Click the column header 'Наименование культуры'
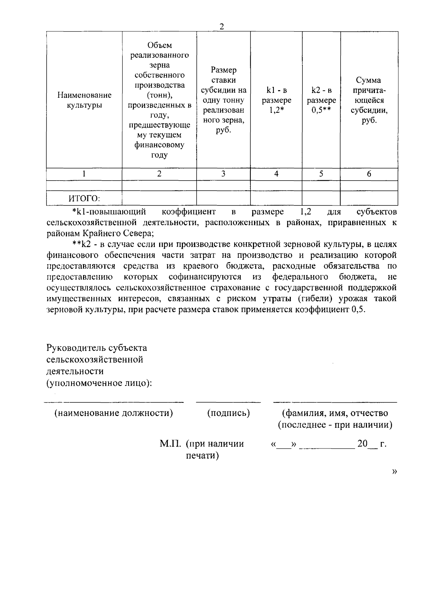[84, 100]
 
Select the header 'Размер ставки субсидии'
[223, 100]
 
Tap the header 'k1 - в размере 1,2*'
[276, 100]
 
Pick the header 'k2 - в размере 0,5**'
[321, 100]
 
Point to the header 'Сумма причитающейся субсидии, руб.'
[369, 100]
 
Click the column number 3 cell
[223, 174]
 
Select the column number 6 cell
[369, 174]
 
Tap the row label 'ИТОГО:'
[84, 198]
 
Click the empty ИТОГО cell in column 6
[369, 198]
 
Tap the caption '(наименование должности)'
[114, 413]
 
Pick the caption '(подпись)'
[228, 413]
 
